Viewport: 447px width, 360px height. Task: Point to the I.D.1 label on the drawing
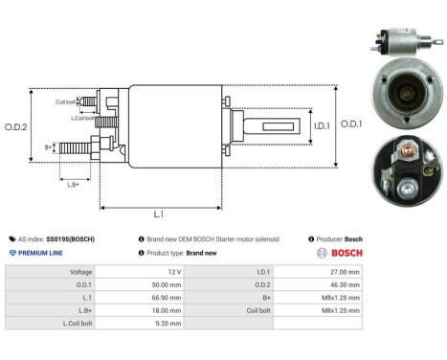294,125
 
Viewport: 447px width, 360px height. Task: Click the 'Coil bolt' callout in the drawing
65,101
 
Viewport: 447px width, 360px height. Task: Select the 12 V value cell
173,272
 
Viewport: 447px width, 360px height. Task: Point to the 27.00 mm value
344,272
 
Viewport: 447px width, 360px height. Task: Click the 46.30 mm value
344,284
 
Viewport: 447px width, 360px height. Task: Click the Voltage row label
80,272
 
